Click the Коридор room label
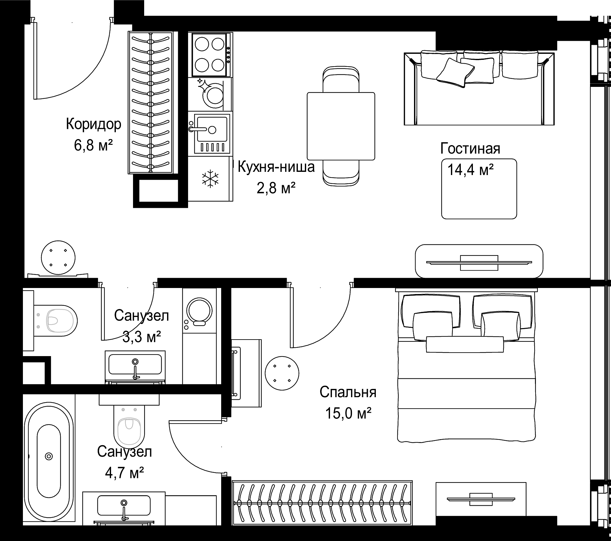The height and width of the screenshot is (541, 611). point(94,124)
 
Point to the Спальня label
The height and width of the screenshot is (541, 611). point(348,392)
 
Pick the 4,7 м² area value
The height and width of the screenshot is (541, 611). point(124,473)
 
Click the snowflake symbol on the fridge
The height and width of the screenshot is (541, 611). point(211,178)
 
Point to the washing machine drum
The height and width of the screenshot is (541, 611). point(199,311)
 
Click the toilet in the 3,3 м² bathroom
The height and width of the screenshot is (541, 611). point(55,320)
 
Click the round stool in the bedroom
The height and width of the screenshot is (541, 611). point(282,373)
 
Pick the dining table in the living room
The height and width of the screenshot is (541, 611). point(341,126)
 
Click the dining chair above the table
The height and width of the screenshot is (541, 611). point(341,79)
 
